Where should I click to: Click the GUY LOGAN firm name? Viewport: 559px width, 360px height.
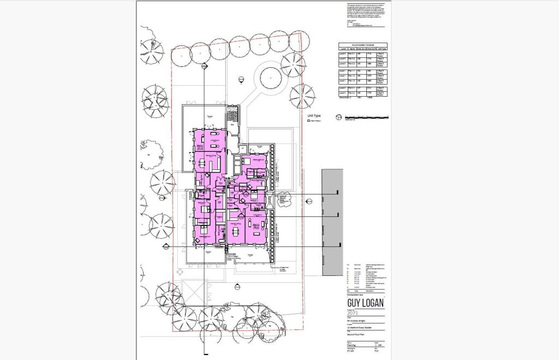365,303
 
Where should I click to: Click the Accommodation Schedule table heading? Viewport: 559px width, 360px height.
362,45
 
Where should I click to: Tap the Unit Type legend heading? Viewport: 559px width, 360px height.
314,116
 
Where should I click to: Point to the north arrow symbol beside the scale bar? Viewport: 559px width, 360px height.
338,117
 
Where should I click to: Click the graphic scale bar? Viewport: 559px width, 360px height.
366,117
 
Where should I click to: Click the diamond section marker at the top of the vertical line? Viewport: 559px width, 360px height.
204,66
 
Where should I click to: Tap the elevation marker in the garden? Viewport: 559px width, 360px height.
241,80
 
